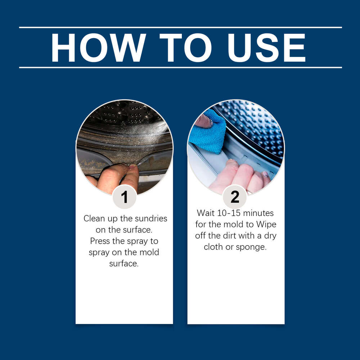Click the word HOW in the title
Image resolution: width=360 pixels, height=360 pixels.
[99, 48]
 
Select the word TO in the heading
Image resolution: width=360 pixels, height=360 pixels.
[185, 48]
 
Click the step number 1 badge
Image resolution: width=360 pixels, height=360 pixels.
[125, 197]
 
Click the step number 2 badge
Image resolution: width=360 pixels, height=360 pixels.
[235, 197]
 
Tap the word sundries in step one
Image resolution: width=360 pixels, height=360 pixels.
[151, 219]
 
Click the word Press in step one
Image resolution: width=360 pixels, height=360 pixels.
[100, 241]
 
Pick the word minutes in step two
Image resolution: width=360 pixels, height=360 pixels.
[258, 213]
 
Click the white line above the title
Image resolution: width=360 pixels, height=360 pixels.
[180, 27]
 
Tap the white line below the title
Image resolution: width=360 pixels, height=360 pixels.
[180, 68]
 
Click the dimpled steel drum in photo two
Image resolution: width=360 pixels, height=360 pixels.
[255, 129]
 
